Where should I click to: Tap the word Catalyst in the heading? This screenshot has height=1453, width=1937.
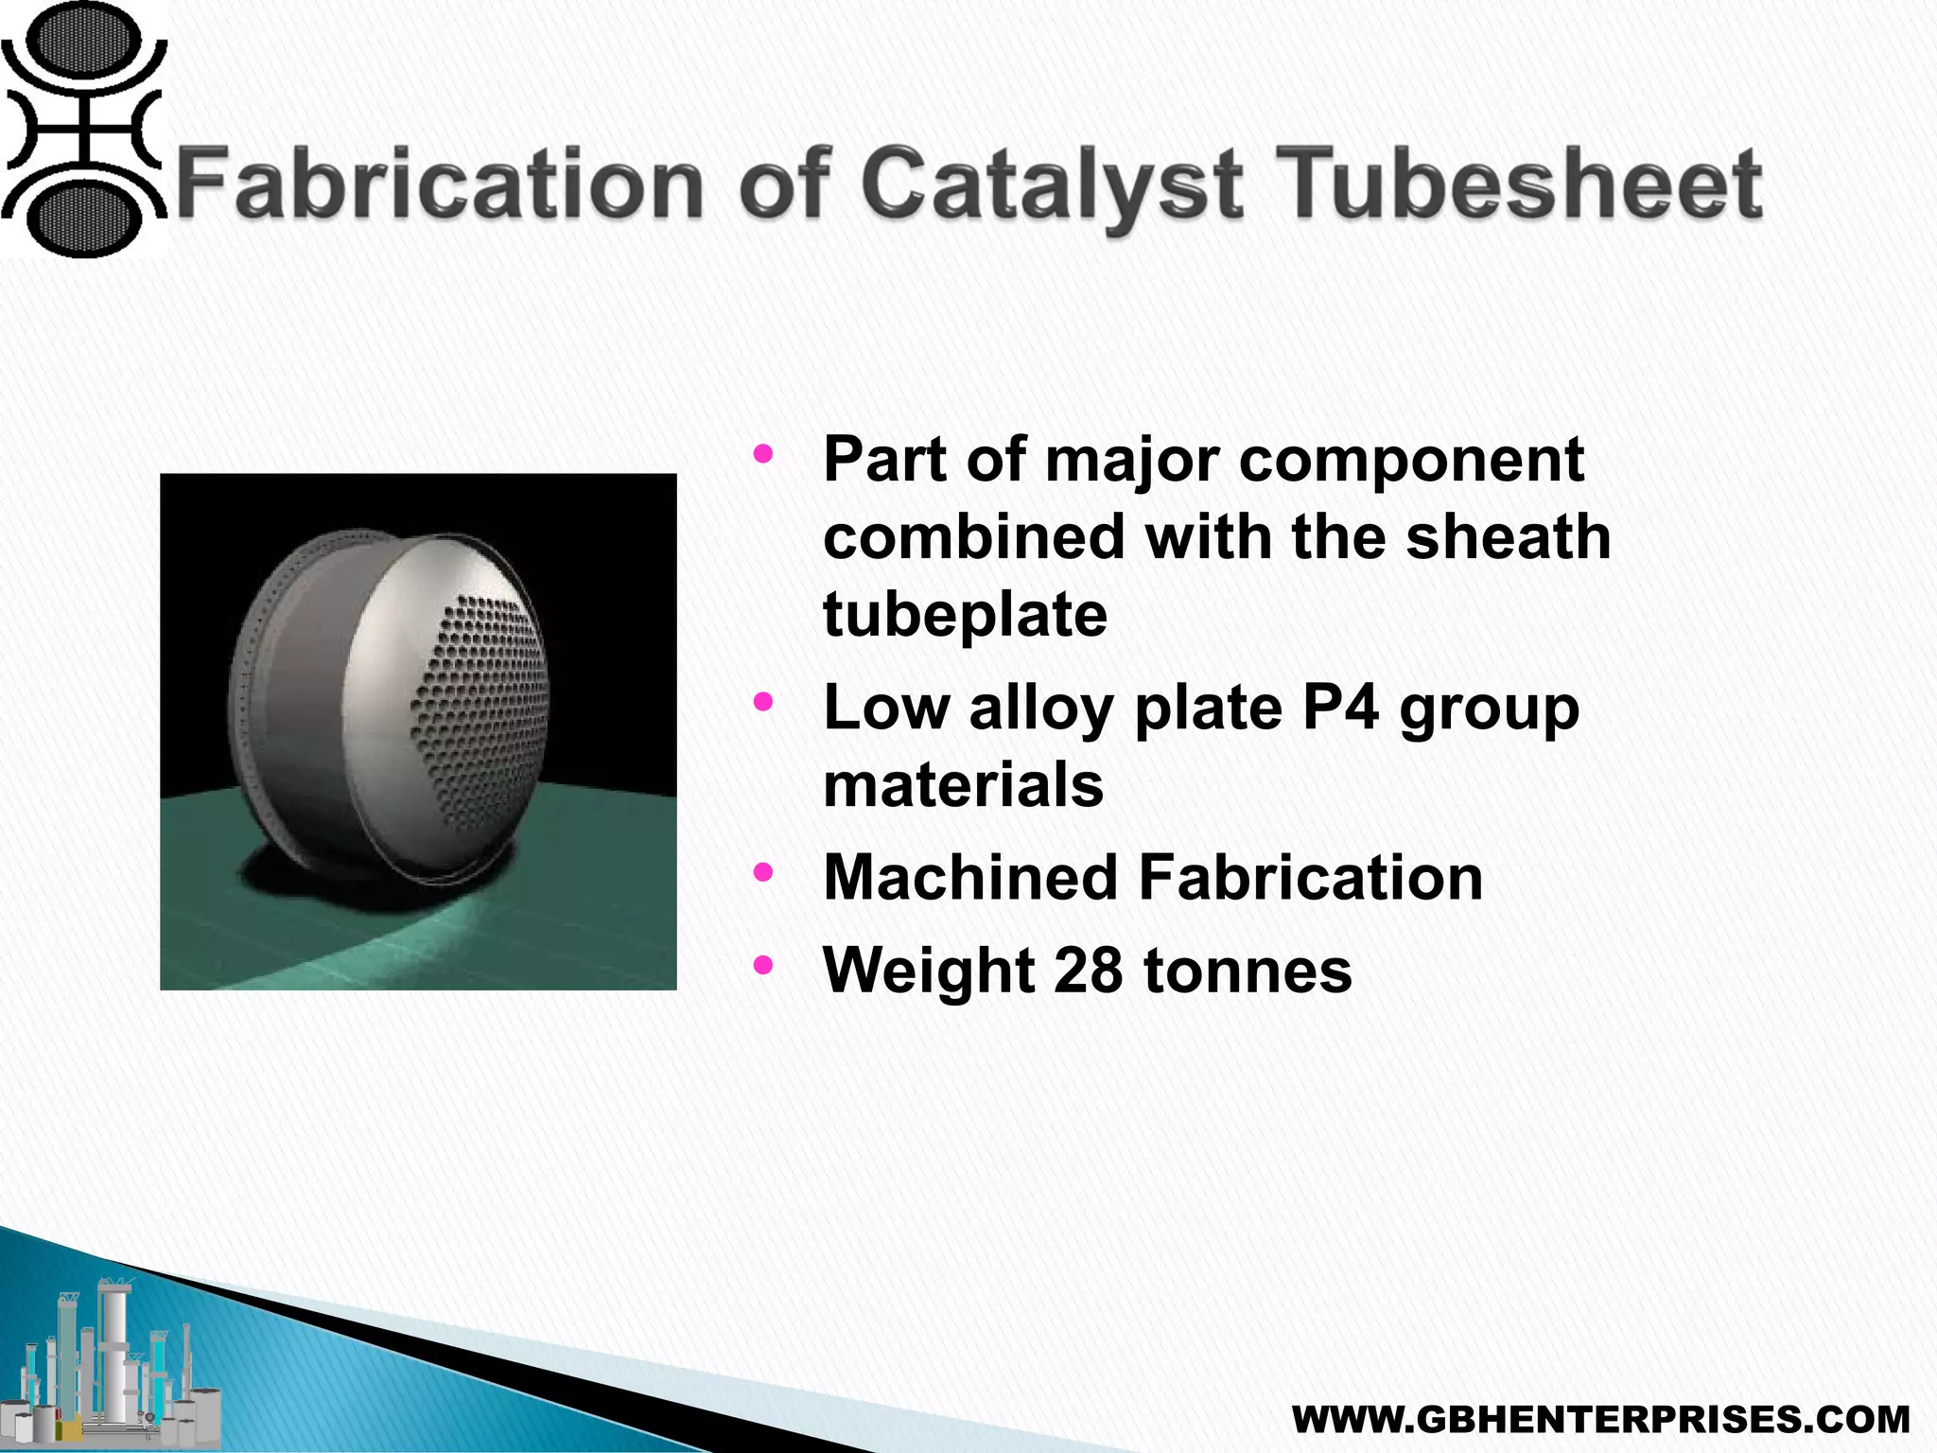tap(1051, 184)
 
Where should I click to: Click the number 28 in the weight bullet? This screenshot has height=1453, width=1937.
tap(1088, 971)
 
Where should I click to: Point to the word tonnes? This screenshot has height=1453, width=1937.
tap(1248, 971)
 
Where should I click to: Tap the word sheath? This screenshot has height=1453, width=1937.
tap(1508, 536)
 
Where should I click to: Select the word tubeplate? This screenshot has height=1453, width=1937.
tap(965, 615)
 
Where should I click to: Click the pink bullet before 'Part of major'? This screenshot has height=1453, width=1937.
tap(763, 454)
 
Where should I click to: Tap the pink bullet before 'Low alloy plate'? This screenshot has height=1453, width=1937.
tap(763, 702)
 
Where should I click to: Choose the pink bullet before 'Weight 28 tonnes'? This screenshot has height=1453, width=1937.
tap(763, 966)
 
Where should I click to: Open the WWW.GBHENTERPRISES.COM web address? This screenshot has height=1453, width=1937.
tap(1600, 1419)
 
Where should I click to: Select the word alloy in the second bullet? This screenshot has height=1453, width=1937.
tap(1040, 709)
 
